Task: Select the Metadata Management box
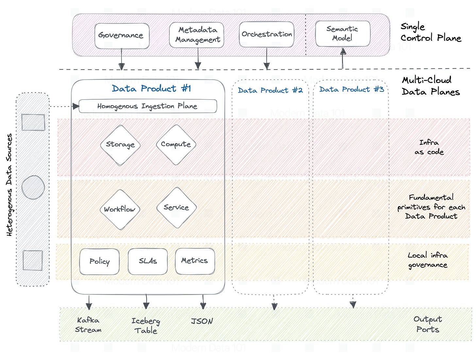tap(197, 35)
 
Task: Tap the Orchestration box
tap(266, 34)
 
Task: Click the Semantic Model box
tap(342, 34)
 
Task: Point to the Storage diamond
tap(120, 145)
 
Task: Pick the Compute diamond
tap(176, 144)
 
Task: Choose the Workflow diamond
tap(120, 209)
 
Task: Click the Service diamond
tap(176, 208)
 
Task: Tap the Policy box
tap(99, 261)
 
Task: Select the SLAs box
tap(148, 261)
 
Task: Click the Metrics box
tap(195, 261)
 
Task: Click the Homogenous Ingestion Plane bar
tap(148, 106)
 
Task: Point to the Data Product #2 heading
tap(270, 90)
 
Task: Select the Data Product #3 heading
tap(351, 90)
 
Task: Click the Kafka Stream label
tap(88, 325)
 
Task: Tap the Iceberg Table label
tap(145, 326)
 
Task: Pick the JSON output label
tap(202, 321)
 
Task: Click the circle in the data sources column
tap(33, 188)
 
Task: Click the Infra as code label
tap(429, 147)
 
